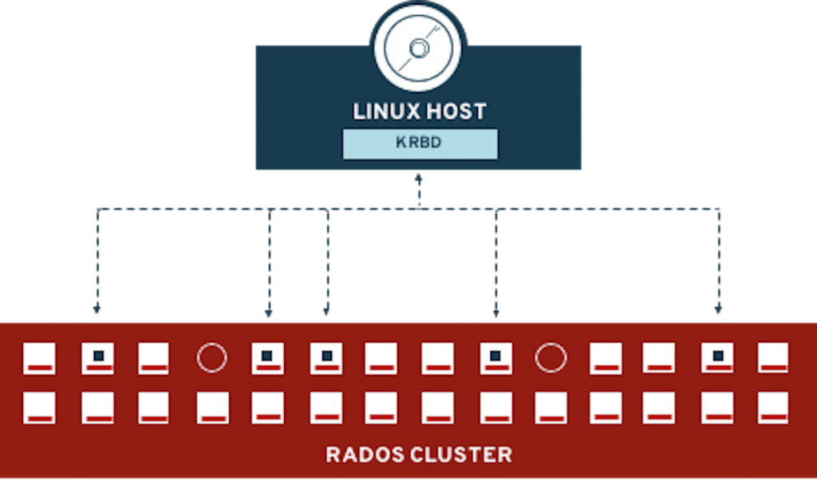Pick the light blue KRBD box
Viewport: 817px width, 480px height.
[x=420, y=144]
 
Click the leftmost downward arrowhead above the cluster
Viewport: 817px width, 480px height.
[x=97, y=307]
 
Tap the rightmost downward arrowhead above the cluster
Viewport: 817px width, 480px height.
[x=718, y=307]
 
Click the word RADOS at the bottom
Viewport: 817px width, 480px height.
[x=363, y=455]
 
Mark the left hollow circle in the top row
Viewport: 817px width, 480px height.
[x=211, y=358]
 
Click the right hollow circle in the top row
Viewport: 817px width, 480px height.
[x=551, y=358]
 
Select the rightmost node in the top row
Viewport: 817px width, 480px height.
[x=772, y=358]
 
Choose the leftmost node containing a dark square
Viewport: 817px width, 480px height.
[x=97, y=358]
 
